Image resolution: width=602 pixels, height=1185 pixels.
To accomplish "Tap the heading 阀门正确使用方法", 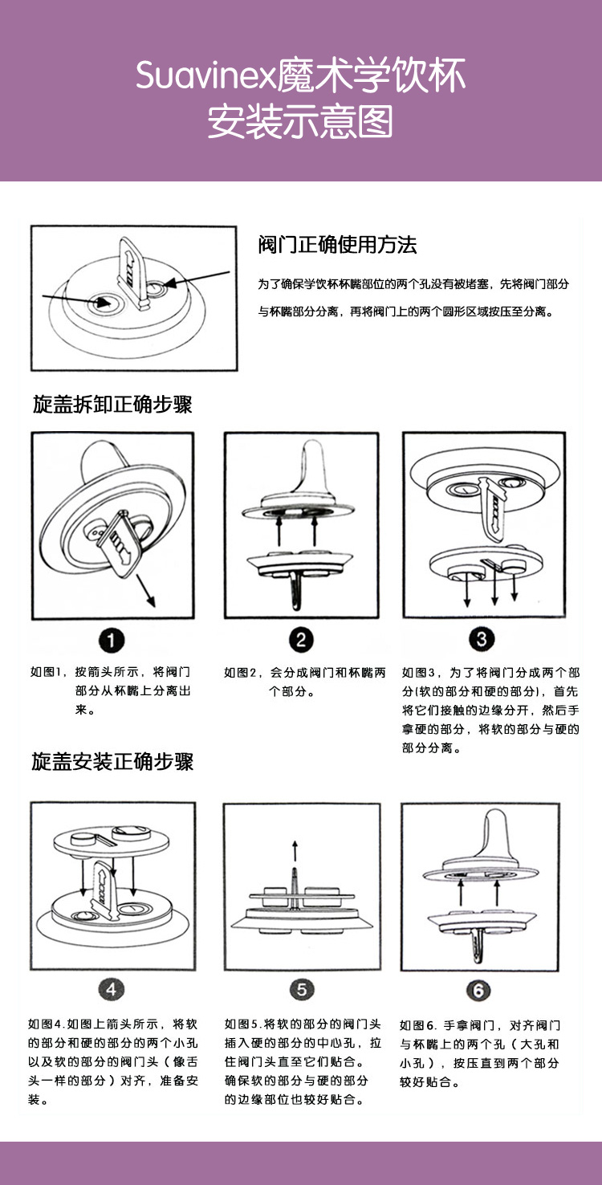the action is [337, 245].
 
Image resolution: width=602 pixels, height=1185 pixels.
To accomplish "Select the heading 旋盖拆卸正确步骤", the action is [112, 404].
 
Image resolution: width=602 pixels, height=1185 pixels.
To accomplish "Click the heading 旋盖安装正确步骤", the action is [112, 761].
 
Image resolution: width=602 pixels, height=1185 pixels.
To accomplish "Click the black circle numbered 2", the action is [301, 640].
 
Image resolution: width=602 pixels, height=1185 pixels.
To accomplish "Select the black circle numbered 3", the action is [482, 640].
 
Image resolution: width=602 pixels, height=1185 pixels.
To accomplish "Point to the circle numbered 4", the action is [112, 990].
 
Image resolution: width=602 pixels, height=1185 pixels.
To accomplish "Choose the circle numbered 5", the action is [301, 990].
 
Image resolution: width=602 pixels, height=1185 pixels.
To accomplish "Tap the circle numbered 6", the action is [478, 990].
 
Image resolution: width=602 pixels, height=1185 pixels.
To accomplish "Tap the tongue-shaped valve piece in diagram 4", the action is [103, 883].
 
